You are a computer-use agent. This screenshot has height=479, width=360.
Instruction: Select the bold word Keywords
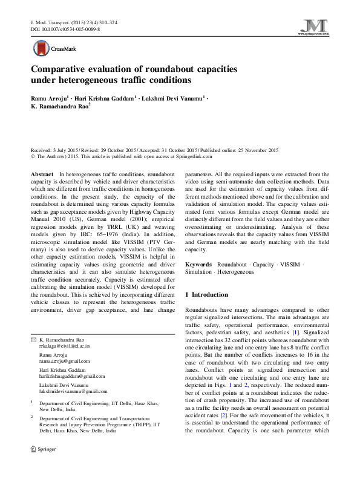click(x=198, y=265)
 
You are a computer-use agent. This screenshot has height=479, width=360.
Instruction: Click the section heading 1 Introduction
click(x=206, y=294)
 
